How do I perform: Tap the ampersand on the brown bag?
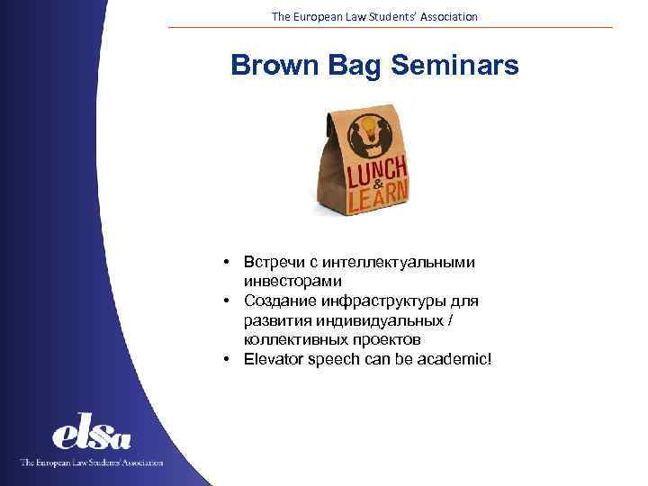click(x=365, y=183)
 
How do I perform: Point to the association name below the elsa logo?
click(x=92, y=462)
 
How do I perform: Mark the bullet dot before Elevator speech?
click(x=230, y=360)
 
